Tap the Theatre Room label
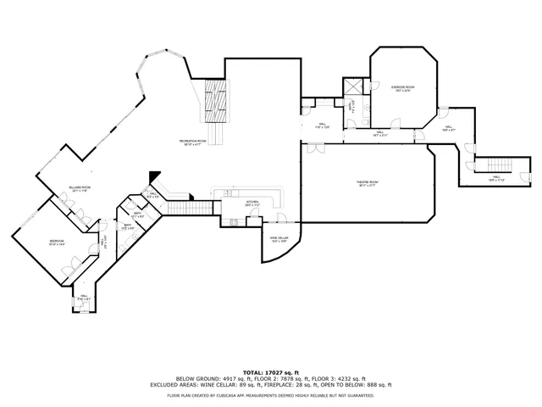pos(366,183)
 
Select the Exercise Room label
pos(401,88)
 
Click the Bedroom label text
pos(57,243)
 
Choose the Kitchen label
pos(252,203)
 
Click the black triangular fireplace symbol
pos(154,176)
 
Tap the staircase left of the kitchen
pos(191,208)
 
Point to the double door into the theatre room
pos(317,149)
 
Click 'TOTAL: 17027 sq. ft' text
pos(271,372)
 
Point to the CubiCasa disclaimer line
pos(271,394)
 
